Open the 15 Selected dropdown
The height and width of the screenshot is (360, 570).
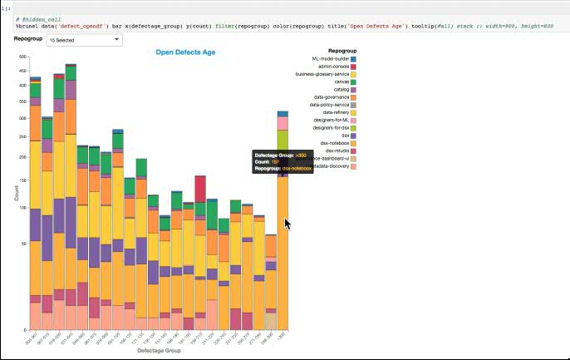(83, 39)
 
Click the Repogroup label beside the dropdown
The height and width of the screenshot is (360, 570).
(27, 39)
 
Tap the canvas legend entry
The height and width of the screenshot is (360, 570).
(341, 81)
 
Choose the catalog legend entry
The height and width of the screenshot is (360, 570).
(340, 89)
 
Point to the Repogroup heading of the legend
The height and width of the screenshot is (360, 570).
(342, 51)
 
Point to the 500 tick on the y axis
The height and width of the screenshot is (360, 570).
(23, 57)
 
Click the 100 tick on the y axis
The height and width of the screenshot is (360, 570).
(23, 208)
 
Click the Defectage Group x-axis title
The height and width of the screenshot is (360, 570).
(160, 350)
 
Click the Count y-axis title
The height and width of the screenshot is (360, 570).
(16, 193)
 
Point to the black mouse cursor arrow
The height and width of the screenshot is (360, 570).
(287, 224)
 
